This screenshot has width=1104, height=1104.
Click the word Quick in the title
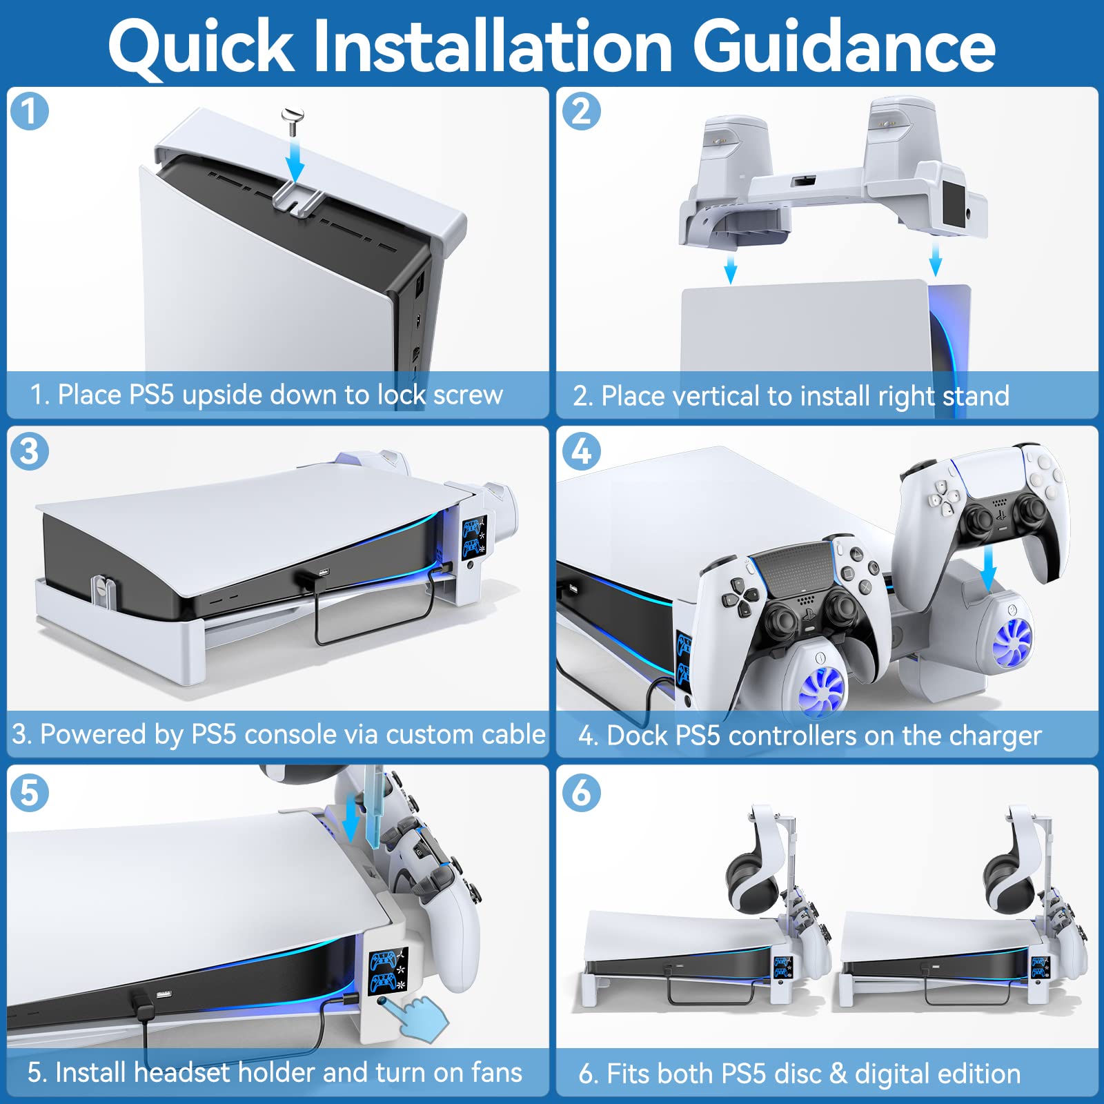201,47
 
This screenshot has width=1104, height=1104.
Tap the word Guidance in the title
844,46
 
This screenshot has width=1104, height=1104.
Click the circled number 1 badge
30,111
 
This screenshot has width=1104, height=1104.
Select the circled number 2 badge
582,111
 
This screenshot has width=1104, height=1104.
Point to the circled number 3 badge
30,451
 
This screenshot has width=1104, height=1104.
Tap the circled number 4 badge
582,451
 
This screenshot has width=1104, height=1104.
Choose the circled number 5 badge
30,791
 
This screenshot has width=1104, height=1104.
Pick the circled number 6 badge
582,791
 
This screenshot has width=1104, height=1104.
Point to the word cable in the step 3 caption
513,734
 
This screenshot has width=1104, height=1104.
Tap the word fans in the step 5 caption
496,1073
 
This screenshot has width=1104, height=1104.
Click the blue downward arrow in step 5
350,818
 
